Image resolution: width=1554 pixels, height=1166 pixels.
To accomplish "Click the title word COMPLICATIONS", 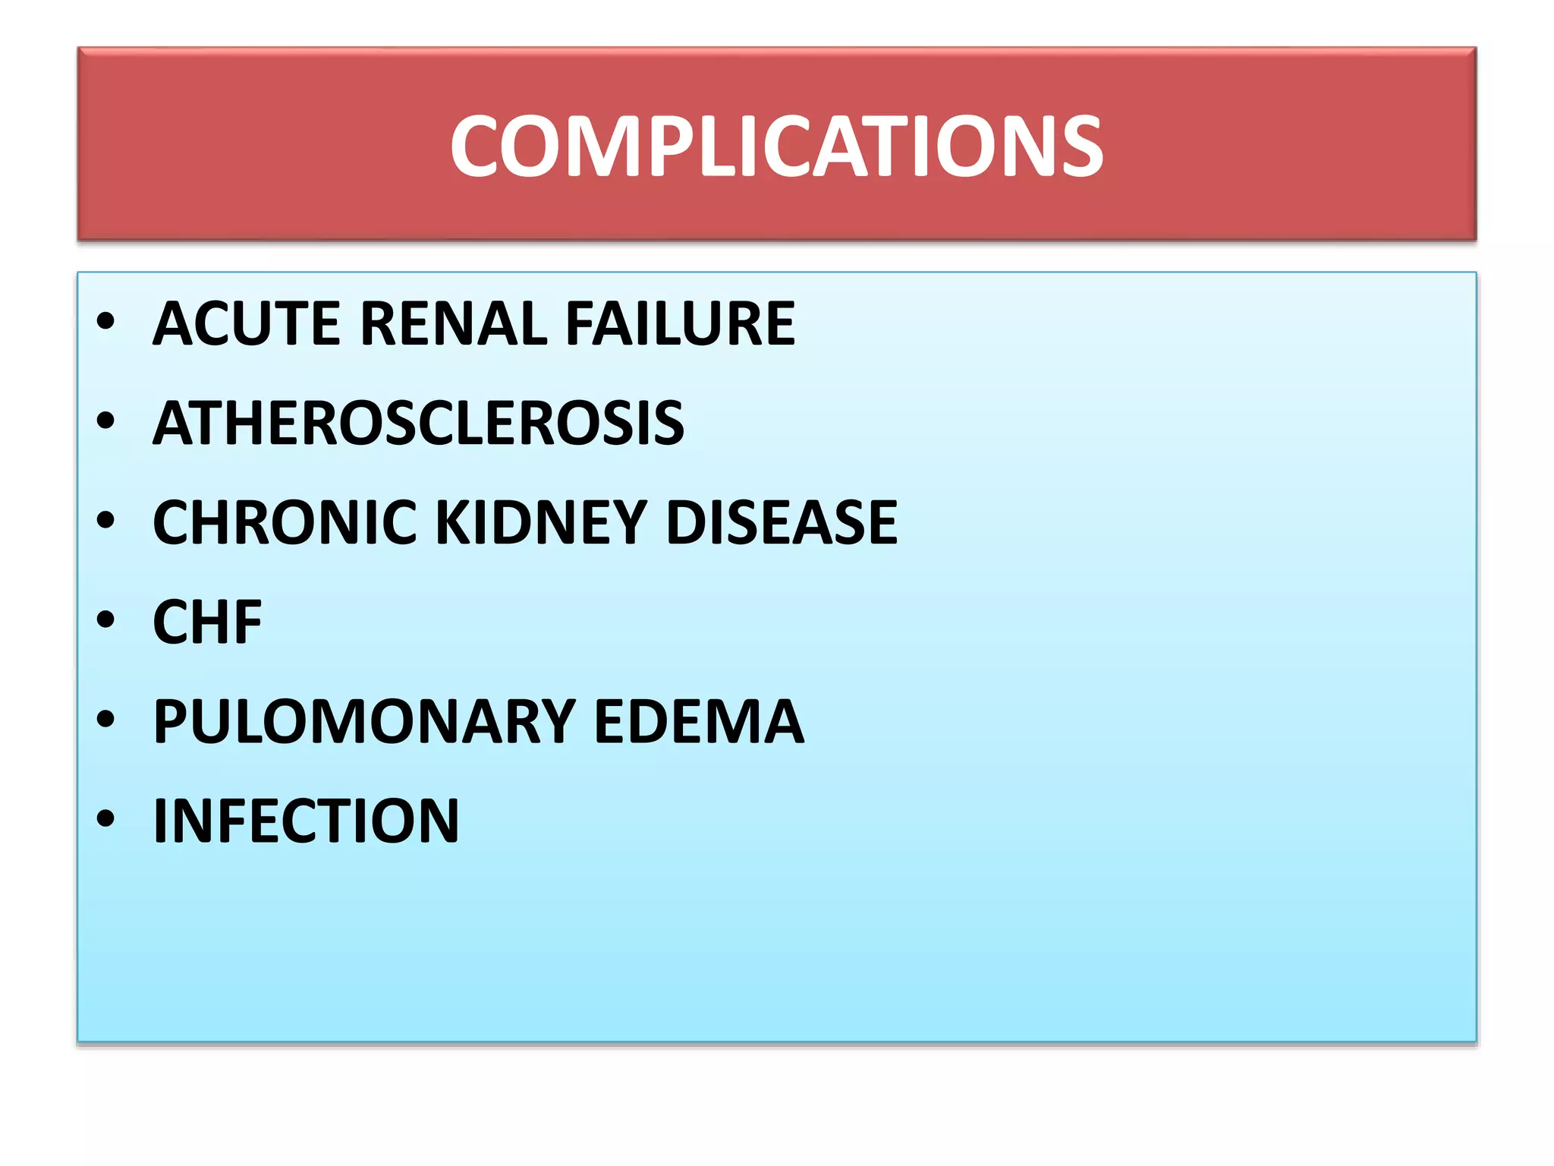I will click(x=776, y=146).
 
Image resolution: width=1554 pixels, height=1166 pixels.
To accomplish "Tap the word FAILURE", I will click(x=680, y=323).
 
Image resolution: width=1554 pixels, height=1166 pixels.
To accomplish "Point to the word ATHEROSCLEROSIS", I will click(x=418, y=423).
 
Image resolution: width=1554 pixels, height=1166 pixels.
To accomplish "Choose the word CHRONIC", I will click(x=285, y=522).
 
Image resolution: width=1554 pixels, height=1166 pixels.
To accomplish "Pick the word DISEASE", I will click(x=782, y=522).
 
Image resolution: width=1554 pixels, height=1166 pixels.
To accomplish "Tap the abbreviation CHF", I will click(x=207, y=622).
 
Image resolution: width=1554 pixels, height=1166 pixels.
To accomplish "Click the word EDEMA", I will click(x=698, y=721).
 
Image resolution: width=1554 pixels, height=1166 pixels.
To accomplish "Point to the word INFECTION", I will click(x=306, y=821).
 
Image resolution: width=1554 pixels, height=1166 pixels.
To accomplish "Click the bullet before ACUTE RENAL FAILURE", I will click(x=105, y=322).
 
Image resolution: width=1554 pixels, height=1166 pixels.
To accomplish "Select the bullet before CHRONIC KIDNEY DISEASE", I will click(x=105, y=521).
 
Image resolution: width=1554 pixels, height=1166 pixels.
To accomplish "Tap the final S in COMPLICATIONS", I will click(x=1078, y=146).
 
